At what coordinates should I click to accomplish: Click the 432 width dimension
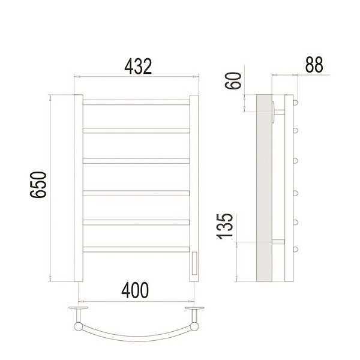pyautogui.click(x=138, y=67)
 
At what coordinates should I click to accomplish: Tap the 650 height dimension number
pyautogui.click(x=38, y=184)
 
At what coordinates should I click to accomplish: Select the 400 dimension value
pyautogui.click(x=135, y=290)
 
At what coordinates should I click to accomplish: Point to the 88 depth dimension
pyautogui.click(x=314, y=65)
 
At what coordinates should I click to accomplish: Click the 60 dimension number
pyautogui.click(x=233, y=80)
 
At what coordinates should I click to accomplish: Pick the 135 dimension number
pyautogui.click(x=224, y=226)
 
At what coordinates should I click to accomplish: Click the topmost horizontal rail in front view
pyautogui.click(x=136, y=103)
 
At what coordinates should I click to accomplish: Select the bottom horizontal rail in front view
pyautogui.click(x=136, y=250)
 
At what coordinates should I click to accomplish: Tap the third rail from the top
pyautogui.click(x=136, y=161)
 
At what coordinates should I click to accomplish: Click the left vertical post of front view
pyautogui.click(x=78, y=188)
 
